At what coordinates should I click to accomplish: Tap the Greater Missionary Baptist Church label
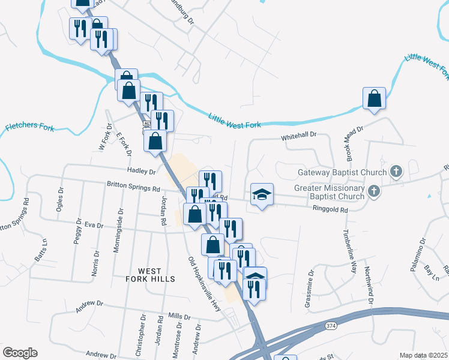click(x=330, y=192)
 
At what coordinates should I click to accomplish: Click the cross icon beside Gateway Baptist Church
click(x=396, y=172)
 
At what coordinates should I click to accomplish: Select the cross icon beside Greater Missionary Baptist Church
click(x=373, y=191)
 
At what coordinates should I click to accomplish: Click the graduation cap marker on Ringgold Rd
click(x=262, y=195)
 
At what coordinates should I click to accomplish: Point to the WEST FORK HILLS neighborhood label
click(x=151, y=275)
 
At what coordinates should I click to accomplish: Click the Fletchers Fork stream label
click(x=30, y=127)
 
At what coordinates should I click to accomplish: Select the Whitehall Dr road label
click(x=299, y=137)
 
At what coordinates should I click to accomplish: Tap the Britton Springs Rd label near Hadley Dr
click(x=133, y=187)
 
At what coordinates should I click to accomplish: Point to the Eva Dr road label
click(x=94, y=225)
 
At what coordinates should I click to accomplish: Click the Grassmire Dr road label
click(x=309, y=292)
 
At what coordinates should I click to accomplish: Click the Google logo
click(x=20, y=353)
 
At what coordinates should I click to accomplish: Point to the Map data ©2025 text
click(x=423, y=355)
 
